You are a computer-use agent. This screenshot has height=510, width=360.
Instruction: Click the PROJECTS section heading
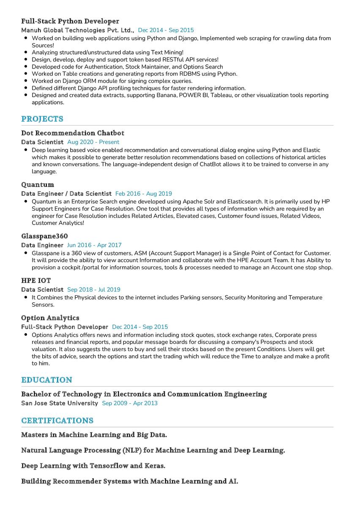(x=42, y=119)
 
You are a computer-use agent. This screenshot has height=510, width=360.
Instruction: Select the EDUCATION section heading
(x=47, y=380)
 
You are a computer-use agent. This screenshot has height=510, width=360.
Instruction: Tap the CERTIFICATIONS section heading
(x=57, y=420)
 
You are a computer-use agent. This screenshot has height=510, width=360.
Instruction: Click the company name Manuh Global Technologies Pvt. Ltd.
(x=78, y=30)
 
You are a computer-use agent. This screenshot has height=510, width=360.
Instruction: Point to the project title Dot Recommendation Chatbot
(x=73, y=133)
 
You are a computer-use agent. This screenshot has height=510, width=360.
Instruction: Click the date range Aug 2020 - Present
(x=93, y=142)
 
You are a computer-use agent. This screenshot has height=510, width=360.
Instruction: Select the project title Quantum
(x=38, y=185)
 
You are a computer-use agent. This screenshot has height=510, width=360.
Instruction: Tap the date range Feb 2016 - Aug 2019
(x=144, y=194)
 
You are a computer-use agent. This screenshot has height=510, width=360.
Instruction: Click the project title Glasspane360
(x=44, y=236)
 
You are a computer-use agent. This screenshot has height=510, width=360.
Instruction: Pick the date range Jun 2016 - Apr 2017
(x=94, y=245)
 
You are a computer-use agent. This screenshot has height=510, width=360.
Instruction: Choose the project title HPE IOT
(x=36, y=280)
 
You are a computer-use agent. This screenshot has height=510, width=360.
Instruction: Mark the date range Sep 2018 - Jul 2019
(x=94, y=290)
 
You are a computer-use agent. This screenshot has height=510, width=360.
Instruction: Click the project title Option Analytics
(x=50, y=318)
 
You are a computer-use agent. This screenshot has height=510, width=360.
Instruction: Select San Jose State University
(x=60, y=403)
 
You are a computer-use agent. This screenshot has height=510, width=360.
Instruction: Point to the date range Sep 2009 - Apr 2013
(x=130, y=403)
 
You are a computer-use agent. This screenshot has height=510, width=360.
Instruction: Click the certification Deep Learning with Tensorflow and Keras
(x=93, y=466)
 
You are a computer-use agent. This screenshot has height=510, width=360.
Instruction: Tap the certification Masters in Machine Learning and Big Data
(x=94, y=435)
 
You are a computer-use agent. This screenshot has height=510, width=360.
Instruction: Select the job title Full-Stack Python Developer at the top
(x=70, y=21)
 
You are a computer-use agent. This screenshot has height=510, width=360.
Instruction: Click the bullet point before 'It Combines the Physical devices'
(x=27, y=298)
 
